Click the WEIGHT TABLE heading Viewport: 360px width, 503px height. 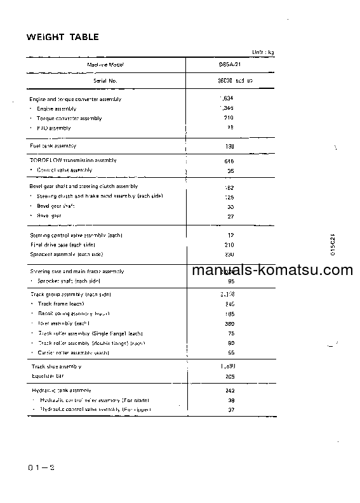pos(62,37)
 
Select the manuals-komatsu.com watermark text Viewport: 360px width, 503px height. pos(272,270)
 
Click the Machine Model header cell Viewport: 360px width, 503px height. pos(105,65)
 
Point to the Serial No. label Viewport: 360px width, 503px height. pos(105,81)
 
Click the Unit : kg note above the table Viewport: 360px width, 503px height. pos(262,51)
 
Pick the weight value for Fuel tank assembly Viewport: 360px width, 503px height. pos(230,146)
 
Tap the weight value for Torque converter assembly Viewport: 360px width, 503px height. pos(229,118)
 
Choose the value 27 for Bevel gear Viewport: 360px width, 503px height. pos(230,216)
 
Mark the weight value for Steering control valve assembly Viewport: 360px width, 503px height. pos(230,235)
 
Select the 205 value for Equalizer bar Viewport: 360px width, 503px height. pos(230,375)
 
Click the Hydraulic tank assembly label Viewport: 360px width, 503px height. pos(61,390)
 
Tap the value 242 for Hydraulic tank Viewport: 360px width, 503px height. pos(230,390)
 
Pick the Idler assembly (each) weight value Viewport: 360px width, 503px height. pos(230,323)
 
